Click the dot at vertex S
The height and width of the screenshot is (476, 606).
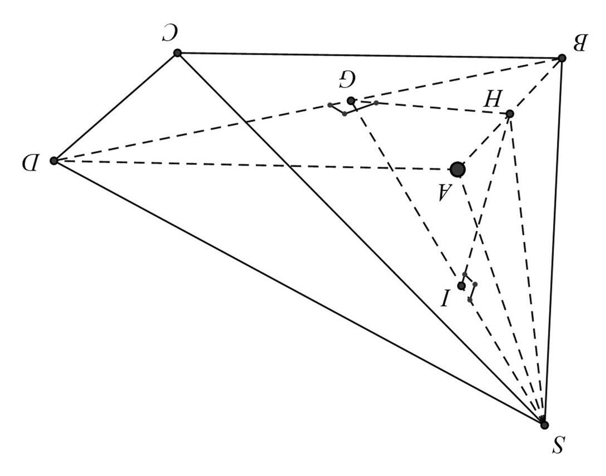(x=544, y=425)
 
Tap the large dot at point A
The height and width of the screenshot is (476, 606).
(x=458, y=169)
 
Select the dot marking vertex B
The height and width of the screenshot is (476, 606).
(x=562, y=58)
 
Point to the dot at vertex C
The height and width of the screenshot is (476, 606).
(x=177, y=53)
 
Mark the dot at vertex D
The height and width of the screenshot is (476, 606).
(x=54, y=161)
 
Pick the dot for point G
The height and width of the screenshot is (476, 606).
(x=351, y=100)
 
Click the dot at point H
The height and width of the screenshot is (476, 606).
(x=510, y=114)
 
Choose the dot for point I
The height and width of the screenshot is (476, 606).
(x=461, y=286)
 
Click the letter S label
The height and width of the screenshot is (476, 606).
(x=559, y=445)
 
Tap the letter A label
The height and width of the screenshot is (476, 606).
(x=443, y=193)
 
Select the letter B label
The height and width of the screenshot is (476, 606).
(x=580, y=42)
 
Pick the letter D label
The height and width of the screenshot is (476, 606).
(x=30, y=163)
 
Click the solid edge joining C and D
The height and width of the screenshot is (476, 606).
(x=115, y=107)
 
